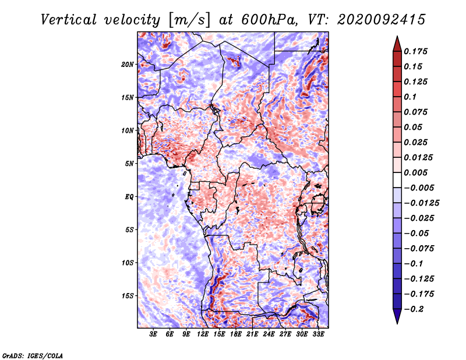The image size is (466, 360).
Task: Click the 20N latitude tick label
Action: (128, 65)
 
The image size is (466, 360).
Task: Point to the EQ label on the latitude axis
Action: (129, 197)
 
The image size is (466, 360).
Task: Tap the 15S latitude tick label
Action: (128, 296)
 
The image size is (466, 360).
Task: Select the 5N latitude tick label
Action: (129, 164)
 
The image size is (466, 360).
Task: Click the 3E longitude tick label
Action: (153, 334)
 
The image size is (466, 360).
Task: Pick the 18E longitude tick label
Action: (236, 334)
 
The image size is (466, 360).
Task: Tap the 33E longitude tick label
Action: (318, 334)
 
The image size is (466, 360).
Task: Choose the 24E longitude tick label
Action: (269, 334)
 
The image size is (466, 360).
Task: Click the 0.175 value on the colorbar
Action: (415, 51)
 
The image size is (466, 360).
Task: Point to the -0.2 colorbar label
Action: (414, 309)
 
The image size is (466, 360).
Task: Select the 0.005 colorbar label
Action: (415, 172)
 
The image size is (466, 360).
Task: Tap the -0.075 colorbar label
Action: (419, 249)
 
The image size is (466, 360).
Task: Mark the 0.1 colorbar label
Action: (410, 97)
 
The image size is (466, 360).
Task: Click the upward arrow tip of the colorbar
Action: (397, 36)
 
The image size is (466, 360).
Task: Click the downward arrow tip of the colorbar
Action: (397, 324)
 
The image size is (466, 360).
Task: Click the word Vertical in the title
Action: (69, 20)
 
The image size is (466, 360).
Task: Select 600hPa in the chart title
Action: (270, 20)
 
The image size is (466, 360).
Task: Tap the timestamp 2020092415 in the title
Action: (382, 20)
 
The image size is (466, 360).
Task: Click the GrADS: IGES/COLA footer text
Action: (33, 355)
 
